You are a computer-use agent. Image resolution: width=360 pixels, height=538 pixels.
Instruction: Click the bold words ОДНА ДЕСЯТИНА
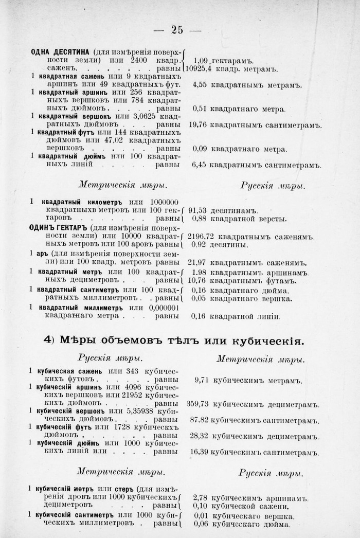tap(60, 52)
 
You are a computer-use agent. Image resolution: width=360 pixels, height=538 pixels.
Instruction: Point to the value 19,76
tap(199, 124)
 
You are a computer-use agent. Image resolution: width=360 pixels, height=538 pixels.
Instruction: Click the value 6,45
tap(199, 165)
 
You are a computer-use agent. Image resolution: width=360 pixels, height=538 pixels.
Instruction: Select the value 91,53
tap(199, 210)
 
